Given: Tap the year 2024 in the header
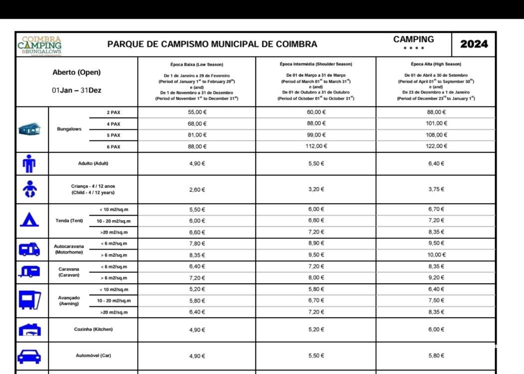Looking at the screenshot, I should click(474, 44).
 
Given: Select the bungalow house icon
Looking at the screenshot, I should click(29, 129).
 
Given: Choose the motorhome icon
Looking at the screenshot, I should click(29, 249).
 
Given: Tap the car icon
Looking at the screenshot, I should click(29, 356).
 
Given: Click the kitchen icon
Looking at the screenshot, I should click(29, 330).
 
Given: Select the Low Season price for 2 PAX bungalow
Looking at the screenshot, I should click(197, 112).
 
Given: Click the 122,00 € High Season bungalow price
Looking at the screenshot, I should click(437, 146).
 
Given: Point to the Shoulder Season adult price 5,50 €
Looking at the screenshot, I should click(315, 164).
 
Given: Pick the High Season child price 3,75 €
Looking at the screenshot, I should click(436, 189).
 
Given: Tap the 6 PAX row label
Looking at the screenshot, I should click(113, 147).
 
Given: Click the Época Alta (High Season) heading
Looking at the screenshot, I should click(436, 64).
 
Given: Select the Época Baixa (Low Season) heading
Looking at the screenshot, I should click(197, 64).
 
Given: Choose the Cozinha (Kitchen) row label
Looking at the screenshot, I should click(93, 330).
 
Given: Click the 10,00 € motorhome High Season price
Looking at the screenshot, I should click(437, 255).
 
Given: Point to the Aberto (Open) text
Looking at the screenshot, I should click(76, 72).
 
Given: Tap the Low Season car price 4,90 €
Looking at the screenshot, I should click(197, 356).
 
